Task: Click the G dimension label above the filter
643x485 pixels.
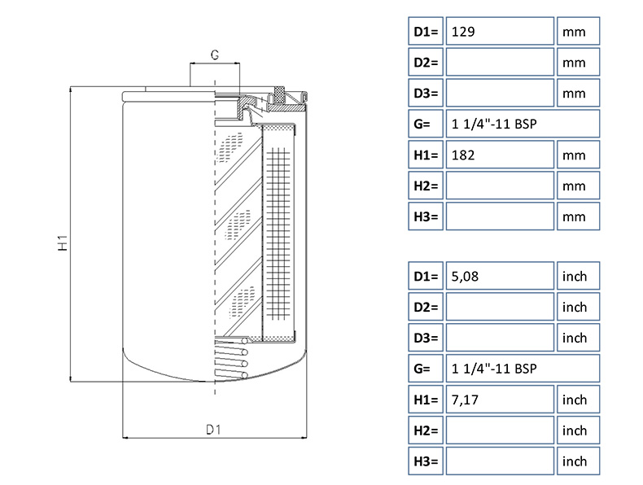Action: tap(215, 55)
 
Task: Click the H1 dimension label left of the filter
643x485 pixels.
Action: tap(63, 243)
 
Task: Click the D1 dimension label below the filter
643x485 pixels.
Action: tap(213, 429)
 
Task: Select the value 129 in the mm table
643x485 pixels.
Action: tap(463, 32)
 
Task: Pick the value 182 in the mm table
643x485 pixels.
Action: tap(463, 155)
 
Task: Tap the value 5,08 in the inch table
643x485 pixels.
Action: tap(465, 277)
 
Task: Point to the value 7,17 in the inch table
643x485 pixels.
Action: tap(465, 400)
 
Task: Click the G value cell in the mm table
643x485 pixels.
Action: tap(523, 124)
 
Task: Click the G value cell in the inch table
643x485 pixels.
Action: tap(523, 368)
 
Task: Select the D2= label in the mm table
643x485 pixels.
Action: tap(426, 63)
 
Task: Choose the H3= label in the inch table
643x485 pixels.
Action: tap(426, 461)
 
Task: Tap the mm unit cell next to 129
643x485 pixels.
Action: tap(578, 31)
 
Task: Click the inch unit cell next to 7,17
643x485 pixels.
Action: tap(578, 400)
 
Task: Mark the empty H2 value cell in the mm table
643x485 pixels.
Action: tap(500, 186)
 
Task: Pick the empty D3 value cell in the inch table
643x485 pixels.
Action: tap(500, 338)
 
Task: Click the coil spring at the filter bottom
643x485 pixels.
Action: tap(232, 358)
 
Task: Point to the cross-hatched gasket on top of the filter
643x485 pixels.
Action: tap(280, 94)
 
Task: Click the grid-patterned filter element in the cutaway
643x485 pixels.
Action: tap(278, 234)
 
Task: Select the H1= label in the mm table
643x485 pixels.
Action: tap(426, 155)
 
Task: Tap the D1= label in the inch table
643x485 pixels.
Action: tap(426, 276)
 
